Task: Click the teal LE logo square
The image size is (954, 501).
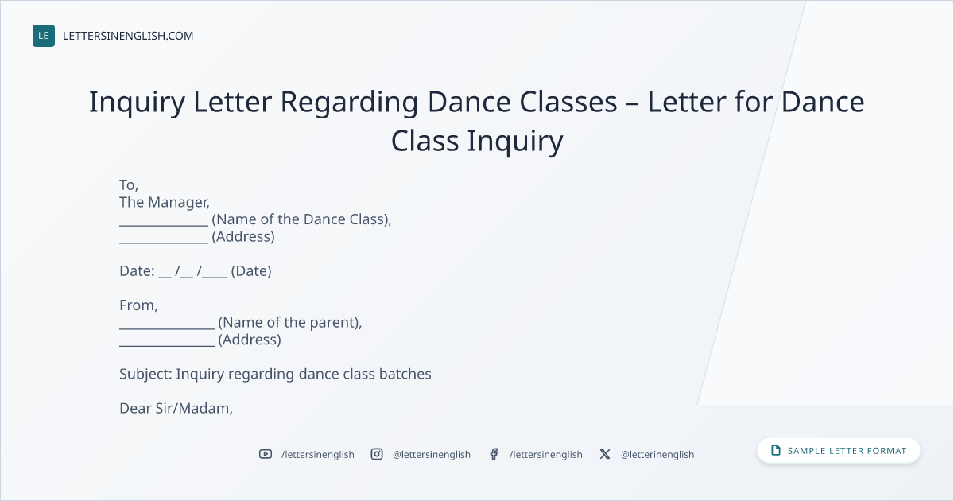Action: [x=44, y=36]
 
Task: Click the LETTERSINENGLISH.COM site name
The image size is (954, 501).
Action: [x=128, y=36]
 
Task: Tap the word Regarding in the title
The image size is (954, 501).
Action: [x=349, y=103]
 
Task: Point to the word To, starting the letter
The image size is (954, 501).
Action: [x=129, y=184]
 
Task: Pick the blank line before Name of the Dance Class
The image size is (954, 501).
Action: [x=164, y=225]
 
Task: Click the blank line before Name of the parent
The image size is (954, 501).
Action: [x=167, y=328]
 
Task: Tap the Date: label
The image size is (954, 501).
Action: [x=137, y=270]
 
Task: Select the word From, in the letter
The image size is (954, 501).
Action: [x=138, y=305]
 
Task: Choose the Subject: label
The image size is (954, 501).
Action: [x=145, y=374]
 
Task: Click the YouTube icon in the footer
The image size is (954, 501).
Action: [x=266, y=454]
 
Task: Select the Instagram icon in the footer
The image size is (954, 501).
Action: [x=377, y=454]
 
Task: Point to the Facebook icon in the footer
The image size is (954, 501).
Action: [x=494, y=454]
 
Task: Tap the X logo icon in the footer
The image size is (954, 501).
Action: [x=605, y=454]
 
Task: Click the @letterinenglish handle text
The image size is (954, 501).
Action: [x=657, y=455]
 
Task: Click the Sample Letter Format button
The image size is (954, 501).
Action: [x=839, y=450]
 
